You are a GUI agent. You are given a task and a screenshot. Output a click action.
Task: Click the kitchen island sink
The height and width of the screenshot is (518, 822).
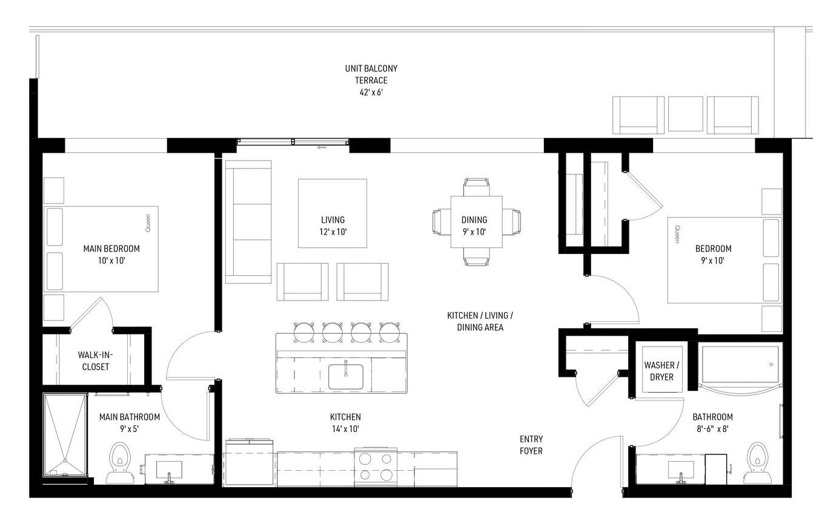pos(346,377)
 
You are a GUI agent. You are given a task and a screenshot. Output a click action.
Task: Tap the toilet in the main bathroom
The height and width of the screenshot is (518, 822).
pos(119,463)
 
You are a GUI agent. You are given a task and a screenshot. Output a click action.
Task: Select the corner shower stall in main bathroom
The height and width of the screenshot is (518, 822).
pos(65,435)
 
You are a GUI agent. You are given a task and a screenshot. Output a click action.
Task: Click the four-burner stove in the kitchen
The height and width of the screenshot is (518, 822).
pos(376,467)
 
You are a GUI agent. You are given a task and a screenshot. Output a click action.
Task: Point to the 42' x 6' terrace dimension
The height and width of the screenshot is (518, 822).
pos(371,92)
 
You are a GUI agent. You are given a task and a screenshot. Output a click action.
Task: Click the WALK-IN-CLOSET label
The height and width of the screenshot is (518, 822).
pos(96,360)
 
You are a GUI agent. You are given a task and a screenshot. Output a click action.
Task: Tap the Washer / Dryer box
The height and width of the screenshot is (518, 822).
pos(661,370)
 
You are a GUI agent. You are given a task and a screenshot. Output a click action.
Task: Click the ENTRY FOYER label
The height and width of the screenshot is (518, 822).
pos(531,445)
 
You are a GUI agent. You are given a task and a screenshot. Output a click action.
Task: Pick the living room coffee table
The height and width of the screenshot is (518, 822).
pos(333,213)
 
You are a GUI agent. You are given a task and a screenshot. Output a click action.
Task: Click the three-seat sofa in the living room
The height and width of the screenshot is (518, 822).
pos(248,222)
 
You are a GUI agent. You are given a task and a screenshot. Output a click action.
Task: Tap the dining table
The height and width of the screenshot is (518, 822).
pos(476,222)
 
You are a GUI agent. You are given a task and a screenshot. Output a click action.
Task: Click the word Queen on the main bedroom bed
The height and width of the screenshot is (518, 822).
pos(148,223)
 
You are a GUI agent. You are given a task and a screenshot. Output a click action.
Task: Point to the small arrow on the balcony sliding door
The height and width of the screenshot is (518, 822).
pos(322,148)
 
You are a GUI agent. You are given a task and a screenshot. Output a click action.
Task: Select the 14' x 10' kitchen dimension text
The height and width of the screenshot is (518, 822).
pos(345,428)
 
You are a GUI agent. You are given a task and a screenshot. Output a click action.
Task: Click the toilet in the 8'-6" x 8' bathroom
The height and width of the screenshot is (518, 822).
pos(757,463)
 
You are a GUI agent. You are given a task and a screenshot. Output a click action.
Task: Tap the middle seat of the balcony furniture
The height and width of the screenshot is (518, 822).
pos(686,114)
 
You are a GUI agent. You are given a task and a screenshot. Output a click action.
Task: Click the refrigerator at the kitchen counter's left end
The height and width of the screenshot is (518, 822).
pos(250,462)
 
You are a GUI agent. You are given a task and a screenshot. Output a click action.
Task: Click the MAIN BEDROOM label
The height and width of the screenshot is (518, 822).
pos(111,248)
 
